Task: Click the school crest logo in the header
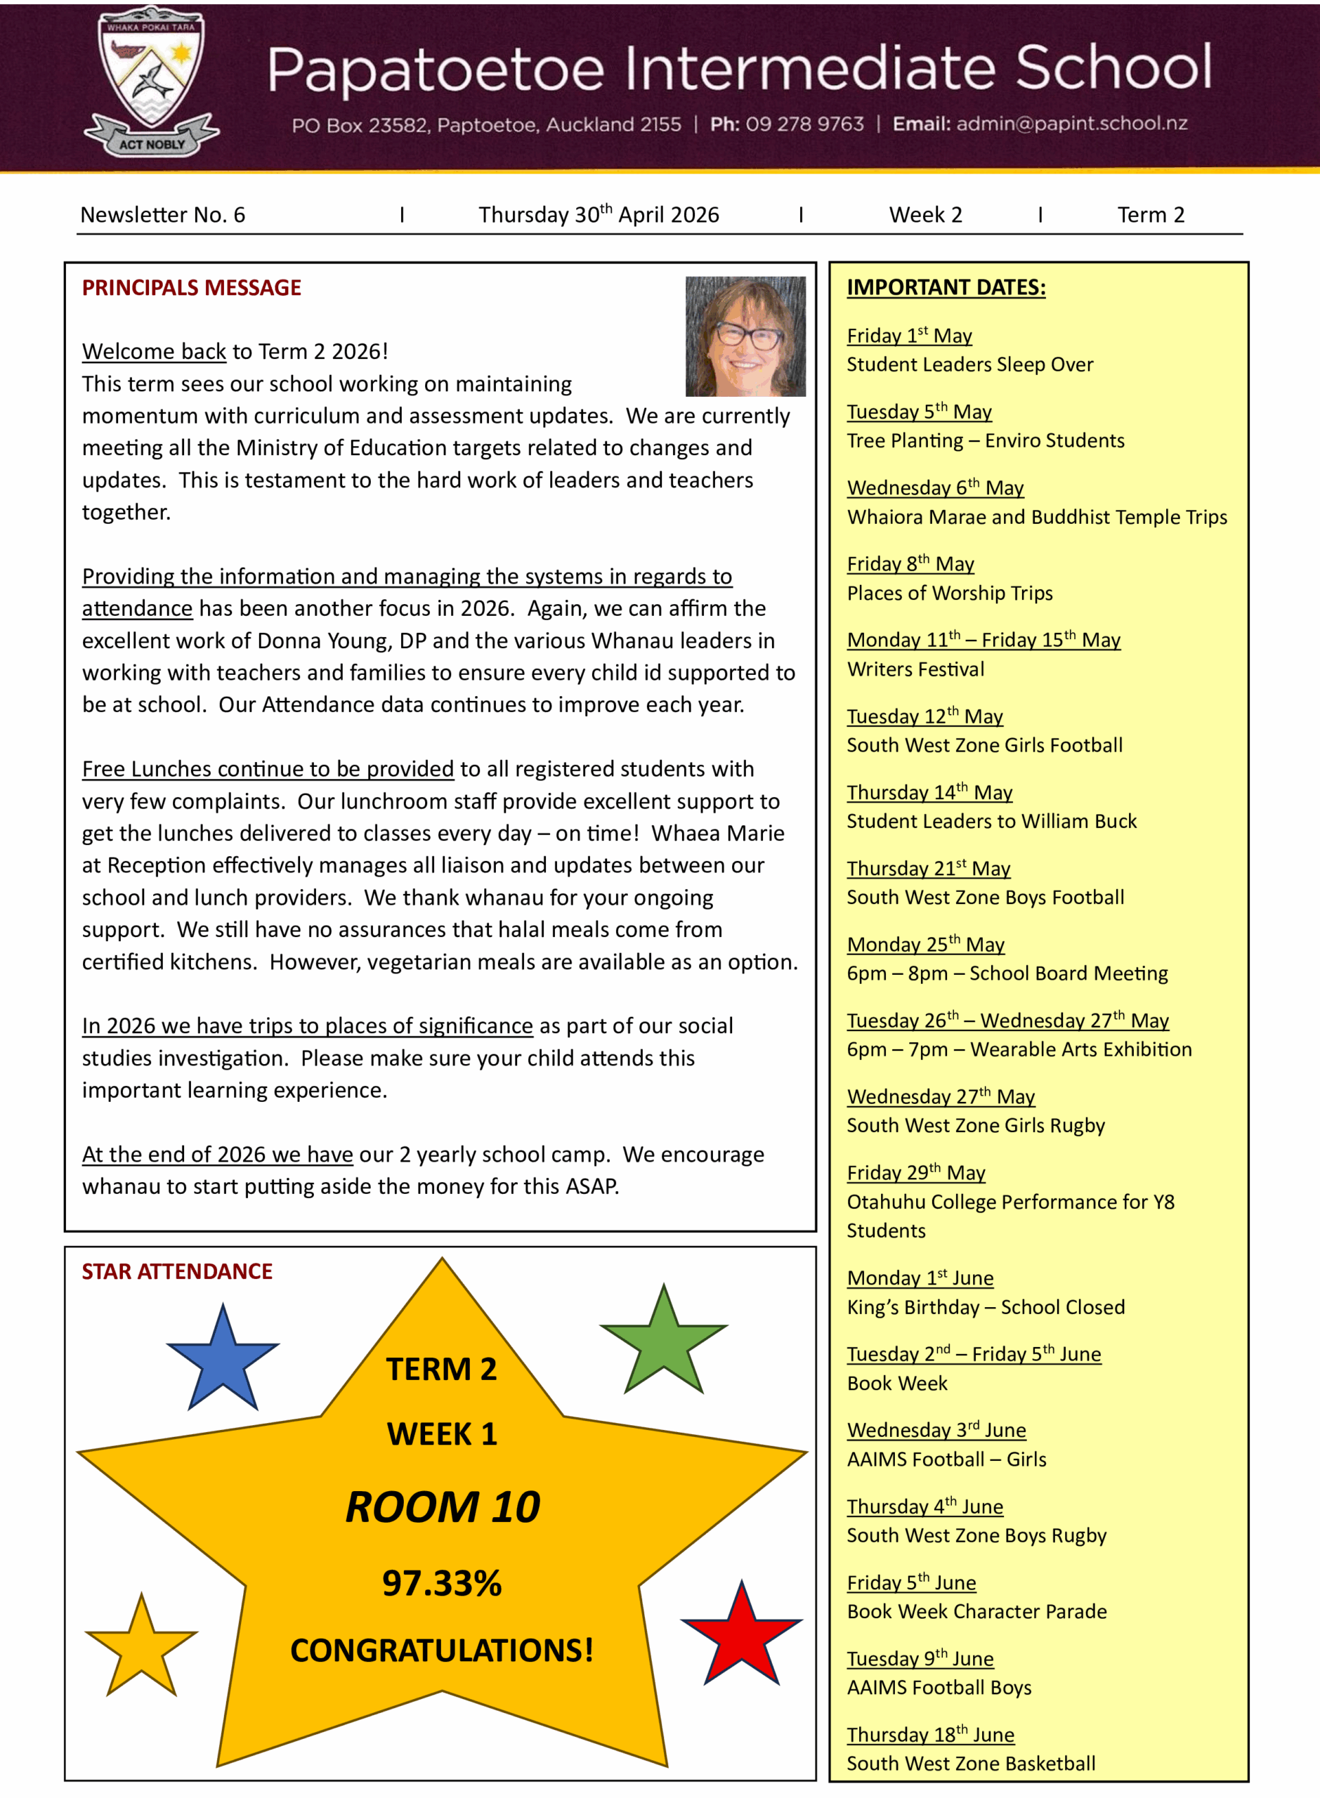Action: [151, 80]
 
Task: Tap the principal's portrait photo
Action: [745, 336]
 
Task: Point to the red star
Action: [742, 1637]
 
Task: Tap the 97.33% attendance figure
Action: [441, 1583]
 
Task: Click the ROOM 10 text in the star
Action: [443, 1507]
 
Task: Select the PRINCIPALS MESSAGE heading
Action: [191, 287]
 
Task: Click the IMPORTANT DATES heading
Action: [946, 287]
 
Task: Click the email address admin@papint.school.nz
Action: [1071, 124]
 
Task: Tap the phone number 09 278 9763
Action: [804, 124]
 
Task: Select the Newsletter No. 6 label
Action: [162, 215]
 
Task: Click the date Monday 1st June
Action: [920, 1278]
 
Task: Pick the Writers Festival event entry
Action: [915, 669]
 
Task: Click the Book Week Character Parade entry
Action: [976, 1611]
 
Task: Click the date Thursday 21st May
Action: [929, 868]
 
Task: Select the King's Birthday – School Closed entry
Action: [985, 1307]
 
